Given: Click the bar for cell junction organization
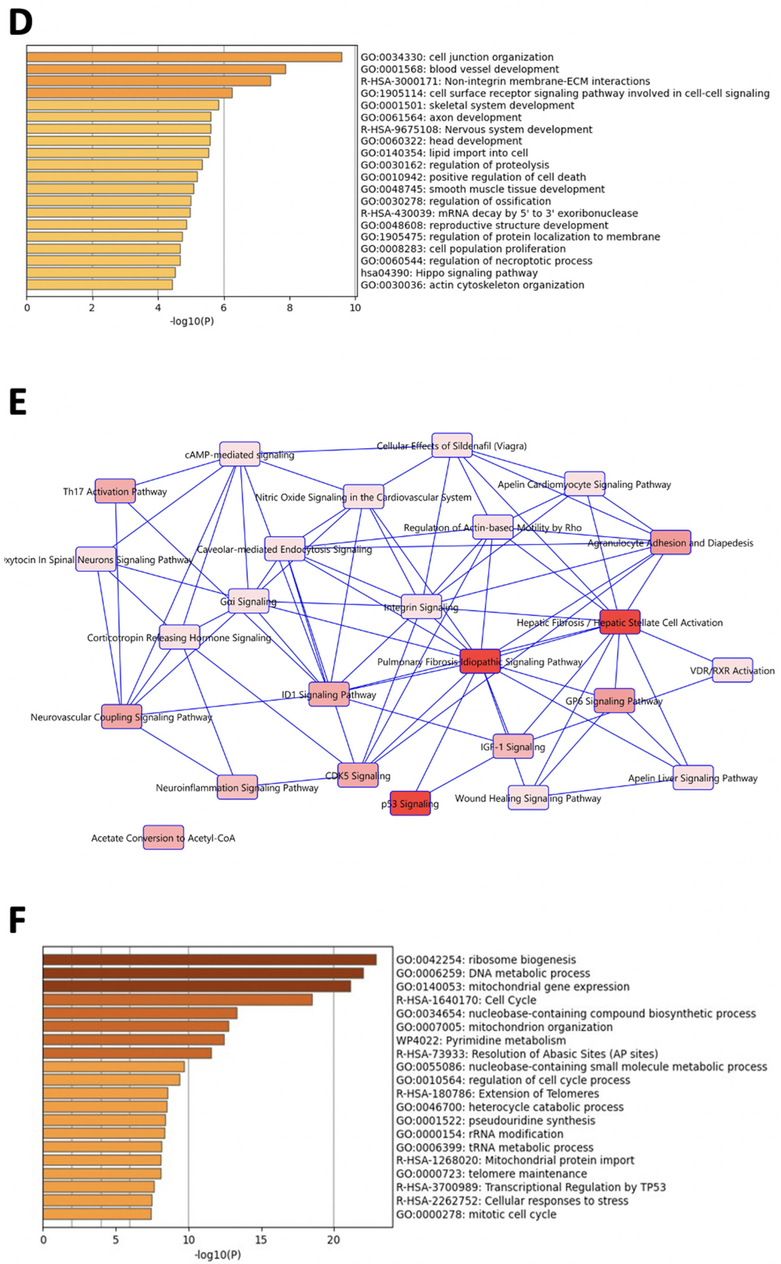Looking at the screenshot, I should pos(184,57).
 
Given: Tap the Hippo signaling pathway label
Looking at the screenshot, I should pos(449,273).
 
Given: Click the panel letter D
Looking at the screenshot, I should pos(21,23).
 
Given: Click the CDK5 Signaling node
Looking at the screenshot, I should pos(358,775).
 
